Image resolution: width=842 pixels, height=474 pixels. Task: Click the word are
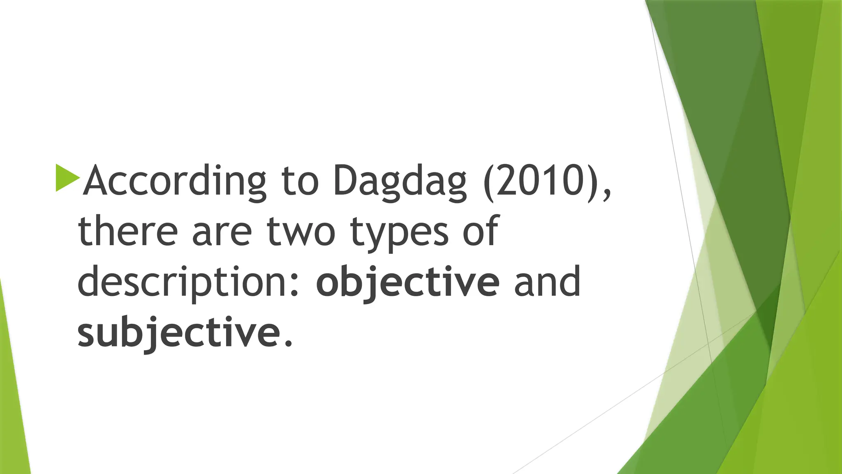[222, 232]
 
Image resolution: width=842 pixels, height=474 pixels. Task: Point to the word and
[547, 282]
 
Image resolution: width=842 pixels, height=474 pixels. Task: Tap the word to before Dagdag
[300, 181]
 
